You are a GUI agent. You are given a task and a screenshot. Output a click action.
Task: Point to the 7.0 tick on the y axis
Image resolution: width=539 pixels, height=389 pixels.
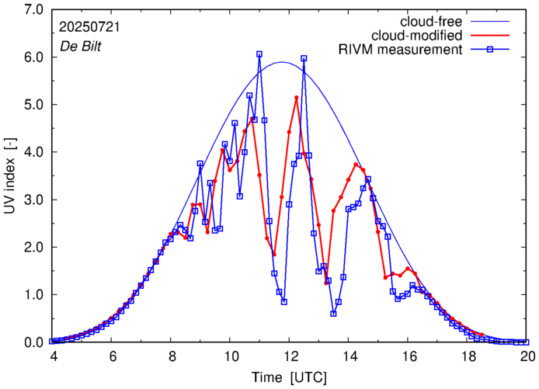click(33, 10)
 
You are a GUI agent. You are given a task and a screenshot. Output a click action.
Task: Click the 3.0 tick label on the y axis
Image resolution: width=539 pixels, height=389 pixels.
click(33, 200)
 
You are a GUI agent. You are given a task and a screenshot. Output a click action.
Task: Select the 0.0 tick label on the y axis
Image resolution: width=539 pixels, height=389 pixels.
click(33, 342)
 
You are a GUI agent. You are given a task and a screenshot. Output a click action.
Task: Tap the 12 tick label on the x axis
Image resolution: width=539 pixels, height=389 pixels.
click(290, 356)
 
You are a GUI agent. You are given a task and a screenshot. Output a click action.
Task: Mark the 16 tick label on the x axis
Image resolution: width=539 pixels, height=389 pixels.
click(409, 356)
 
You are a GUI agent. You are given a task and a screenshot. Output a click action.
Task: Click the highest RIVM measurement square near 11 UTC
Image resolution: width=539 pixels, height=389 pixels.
click(259, 54)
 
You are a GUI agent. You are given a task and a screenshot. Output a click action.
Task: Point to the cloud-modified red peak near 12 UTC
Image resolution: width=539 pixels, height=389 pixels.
click(297, 98)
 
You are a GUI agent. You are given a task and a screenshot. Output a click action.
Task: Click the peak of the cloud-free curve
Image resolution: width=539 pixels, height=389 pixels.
click(281, 62)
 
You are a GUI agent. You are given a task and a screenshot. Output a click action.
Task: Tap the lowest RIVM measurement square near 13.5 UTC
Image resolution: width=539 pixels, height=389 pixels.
click(333, 314)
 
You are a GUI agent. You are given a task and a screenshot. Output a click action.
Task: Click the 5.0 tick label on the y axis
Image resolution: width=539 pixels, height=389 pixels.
click(33, 105)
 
